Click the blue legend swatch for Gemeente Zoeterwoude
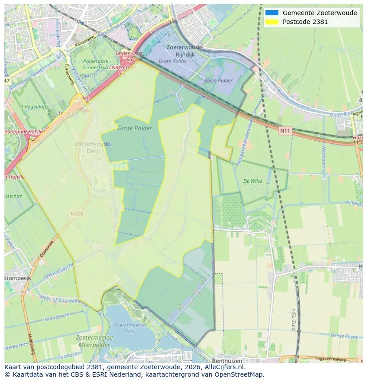(272, 13)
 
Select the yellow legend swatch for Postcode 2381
(272, 22)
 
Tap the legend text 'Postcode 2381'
(305, 22)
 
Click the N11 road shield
(285, 131)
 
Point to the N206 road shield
(77, 213)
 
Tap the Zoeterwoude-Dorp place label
(93, 147)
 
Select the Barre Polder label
(218, 81)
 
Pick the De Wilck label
(253, 181)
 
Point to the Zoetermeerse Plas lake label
(130, 328)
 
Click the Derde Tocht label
(344, 336)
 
